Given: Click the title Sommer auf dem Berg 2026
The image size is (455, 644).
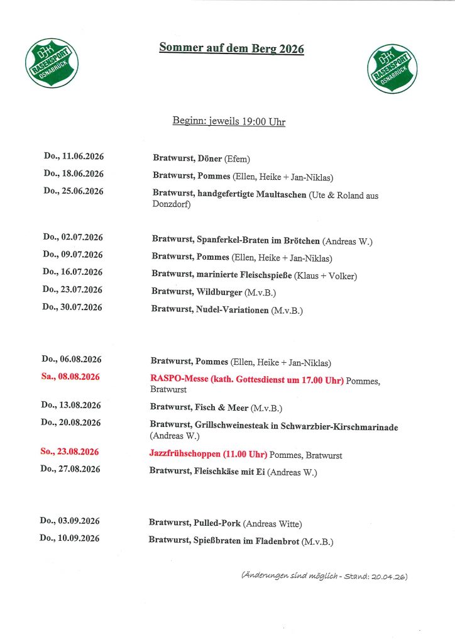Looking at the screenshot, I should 231,48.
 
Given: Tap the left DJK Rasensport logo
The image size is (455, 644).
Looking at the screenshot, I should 52,62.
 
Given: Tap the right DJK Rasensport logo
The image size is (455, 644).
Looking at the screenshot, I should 392,68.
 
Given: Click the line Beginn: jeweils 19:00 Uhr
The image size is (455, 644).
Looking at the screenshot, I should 229,121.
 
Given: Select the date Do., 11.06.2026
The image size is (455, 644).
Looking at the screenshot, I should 74,156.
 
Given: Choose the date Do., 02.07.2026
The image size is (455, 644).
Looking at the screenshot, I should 73,237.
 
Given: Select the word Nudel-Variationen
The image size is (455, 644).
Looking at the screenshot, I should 233,310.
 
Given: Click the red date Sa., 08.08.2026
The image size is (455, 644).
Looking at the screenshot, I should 71,377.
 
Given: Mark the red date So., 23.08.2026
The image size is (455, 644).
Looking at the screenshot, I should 70,452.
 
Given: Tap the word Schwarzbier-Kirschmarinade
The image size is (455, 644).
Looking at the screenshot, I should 331,427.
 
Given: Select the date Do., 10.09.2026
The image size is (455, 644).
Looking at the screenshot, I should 70,538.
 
